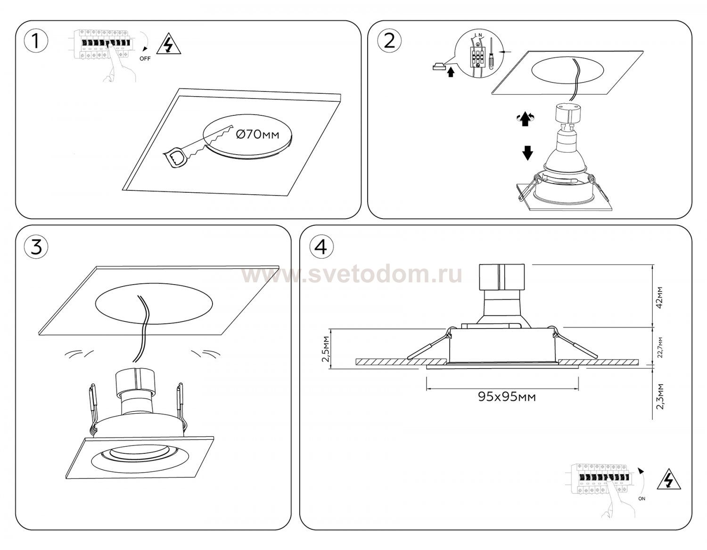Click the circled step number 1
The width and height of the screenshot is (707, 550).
click(36, 41)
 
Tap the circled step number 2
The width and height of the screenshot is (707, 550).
click(389, 41)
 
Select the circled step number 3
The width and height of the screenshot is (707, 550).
click(36, 246)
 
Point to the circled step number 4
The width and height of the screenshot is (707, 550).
click(321, 246)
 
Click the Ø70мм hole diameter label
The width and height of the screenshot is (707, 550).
click(257, 134)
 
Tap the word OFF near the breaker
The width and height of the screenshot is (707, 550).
click(145, 59)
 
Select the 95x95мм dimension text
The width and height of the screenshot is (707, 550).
click(507, 396)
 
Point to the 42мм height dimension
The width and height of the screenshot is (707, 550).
click(659, 297)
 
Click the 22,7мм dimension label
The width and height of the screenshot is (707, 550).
click(660, 347)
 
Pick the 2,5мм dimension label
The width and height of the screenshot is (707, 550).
click(326, 349)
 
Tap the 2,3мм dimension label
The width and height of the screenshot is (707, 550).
click(660, 396)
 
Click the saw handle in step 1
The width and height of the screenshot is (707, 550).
click(176, 158)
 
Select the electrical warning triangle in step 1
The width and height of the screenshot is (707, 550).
click(169, 43)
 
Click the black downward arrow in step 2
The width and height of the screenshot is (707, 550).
click(527, 153)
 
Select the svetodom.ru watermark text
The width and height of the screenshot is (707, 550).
click(352, 275)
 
